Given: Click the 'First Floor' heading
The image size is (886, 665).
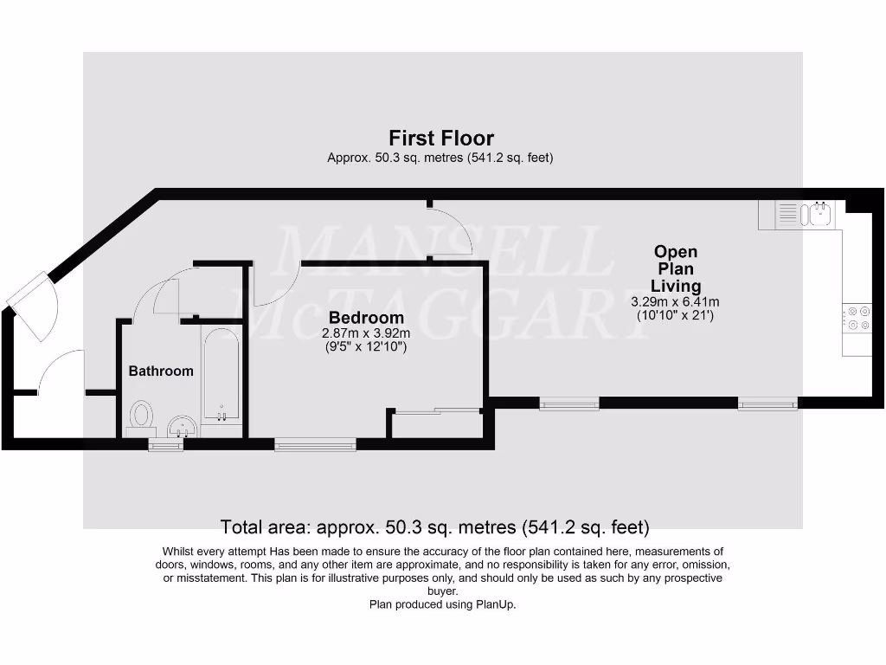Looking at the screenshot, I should click(441, 138).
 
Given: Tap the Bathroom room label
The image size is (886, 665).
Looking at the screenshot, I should click(161, 371).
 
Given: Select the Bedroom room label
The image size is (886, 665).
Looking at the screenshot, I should click(366, 318).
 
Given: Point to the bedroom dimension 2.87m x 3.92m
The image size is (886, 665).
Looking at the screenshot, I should click(366, 333).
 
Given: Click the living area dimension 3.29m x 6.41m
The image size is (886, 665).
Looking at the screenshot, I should click(675, 302).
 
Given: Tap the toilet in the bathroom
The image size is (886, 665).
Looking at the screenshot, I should click(141, 416).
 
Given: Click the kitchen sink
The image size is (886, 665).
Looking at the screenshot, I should click(817, 213).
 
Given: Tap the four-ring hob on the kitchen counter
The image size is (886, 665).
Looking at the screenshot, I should click(858, 319).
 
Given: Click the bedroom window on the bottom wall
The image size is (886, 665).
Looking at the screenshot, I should click(315, 445).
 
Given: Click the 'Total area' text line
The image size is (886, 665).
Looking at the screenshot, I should click(434, 526).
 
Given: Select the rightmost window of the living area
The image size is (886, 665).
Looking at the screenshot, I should click(767, 403).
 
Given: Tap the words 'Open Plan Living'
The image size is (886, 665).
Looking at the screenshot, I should click(676, 268).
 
